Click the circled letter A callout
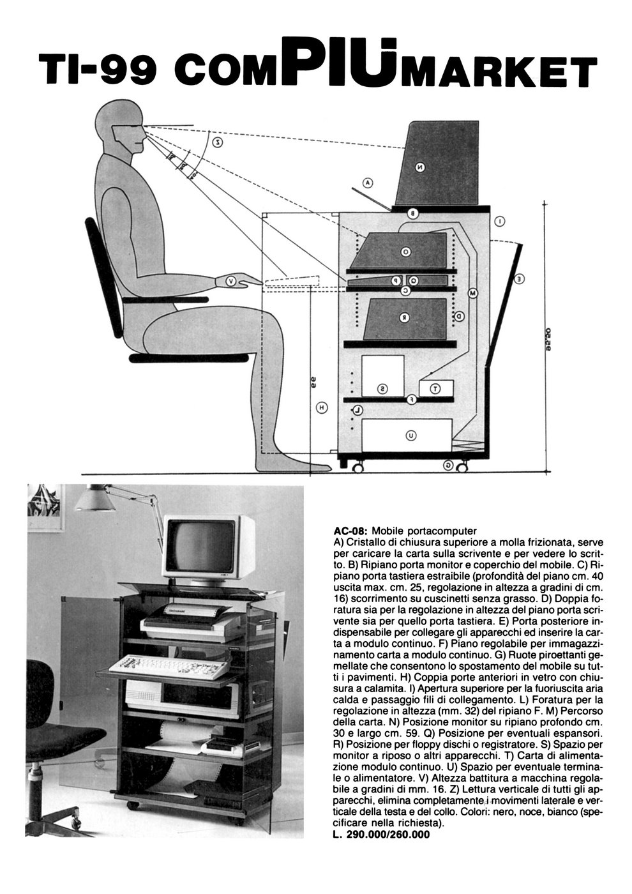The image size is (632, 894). [x=367, y=183]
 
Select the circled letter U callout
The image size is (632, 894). [x=411, y=436]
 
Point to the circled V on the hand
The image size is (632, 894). [x=232, y=280]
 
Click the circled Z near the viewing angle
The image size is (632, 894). [x=218, y=142]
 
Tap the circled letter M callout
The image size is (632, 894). [x=473, y=293]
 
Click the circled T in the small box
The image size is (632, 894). [x=435, y=388]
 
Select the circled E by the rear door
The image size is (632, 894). [x=520, y=278]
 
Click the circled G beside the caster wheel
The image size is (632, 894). [x=449, y=466]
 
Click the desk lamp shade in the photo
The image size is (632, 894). [x=94, y=500]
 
